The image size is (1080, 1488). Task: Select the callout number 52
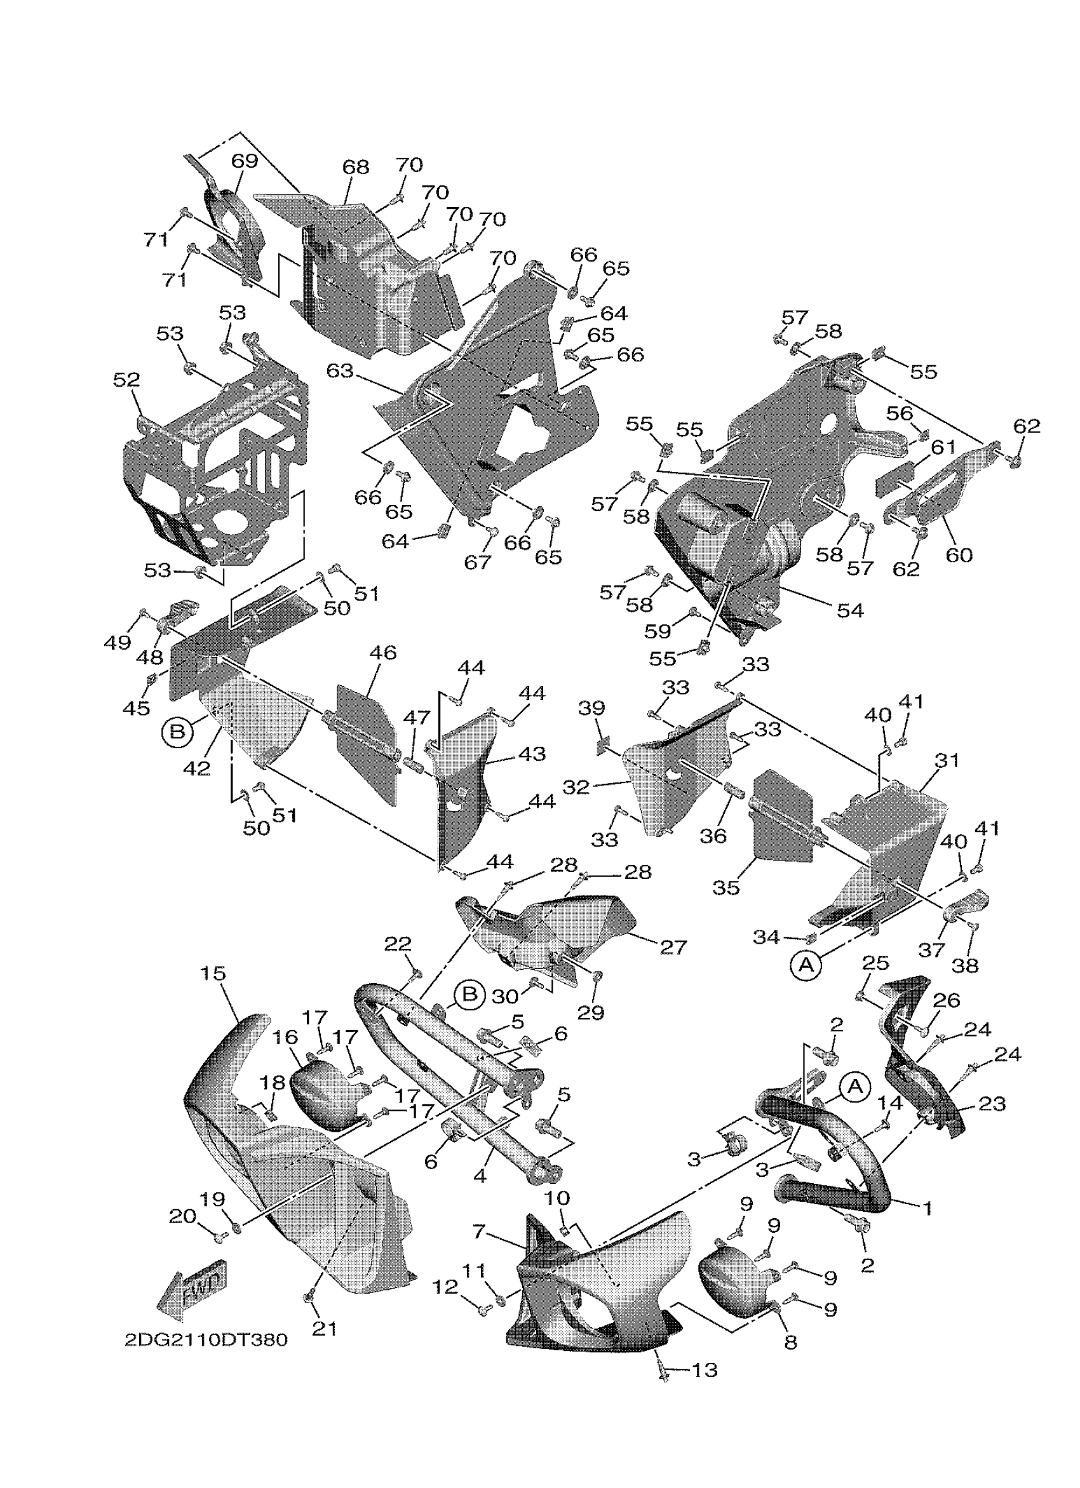point(126,380)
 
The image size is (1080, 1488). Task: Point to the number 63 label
point(340,372)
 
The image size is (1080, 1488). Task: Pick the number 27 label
point(673,948)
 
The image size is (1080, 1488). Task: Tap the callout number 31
point(947,761)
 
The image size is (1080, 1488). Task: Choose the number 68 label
point(356,167)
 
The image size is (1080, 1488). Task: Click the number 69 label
point(245,159)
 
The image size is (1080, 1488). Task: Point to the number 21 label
point(324,1329)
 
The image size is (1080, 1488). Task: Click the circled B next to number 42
point(177,731)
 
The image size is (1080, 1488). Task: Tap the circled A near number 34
point(807,965)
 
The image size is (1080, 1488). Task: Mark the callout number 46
point(383,653)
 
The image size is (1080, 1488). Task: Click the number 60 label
point(959,555)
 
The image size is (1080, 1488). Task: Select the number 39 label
point(591,708)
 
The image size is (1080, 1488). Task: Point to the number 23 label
point(992,1104)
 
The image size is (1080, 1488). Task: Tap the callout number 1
point(927,1208)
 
